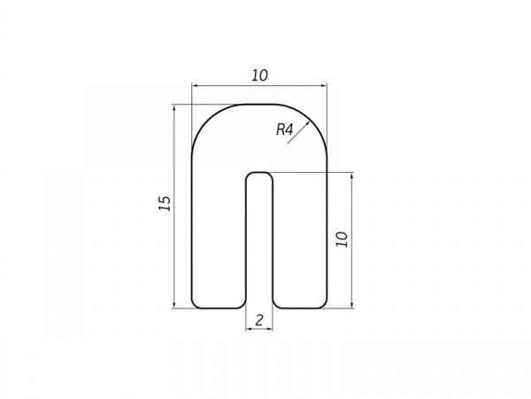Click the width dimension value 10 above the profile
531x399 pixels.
[x=259, y=75]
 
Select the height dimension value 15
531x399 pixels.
[x=165, y=204]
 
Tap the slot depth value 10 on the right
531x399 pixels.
[x=342, y=239]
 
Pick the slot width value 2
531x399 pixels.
[x=259, y=320]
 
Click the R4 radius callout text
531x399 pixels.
[x=284, y=129]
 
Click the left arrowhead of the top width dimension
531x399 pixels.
[x=196, y=86]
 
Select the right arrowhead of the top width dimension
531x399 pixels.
[x=323, y=86]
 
